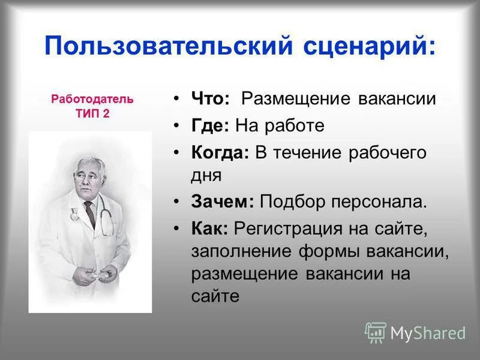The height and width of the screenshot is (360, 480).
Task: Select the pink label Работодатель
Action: point(92,99)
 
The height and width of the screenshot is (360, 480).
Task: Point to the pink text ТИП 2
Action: point(92,114)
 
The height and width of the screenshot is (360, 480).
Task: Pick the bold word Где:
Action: point(211,125)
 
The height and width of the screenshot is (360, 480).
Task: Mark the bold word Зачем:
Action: point(223,202)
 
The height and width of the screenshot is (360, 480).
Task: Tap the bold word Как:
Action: point(210,229)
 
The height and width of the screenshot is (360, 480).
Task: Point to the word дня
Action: point(207,175)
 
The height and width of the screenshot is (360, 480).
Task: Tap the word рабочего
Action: point(388,152)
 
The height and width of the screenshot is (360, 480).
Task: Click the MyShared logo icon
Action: point(375,332)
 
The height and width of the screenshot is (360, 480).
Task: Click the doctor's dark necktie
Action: point(89,213)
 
